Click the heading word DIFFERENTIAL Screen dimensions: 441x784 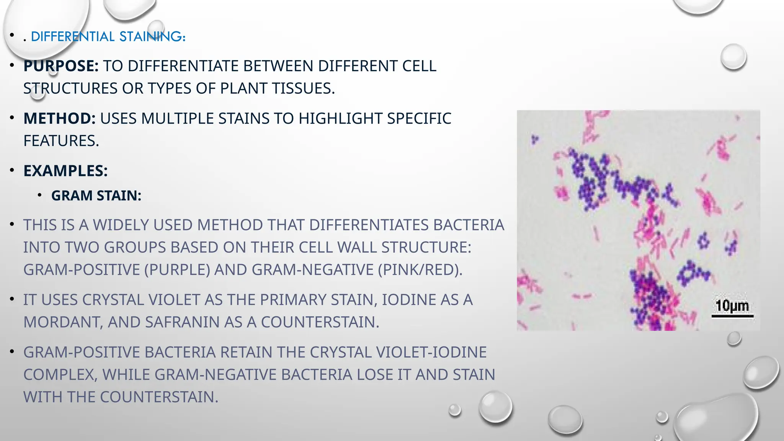pos(73,37)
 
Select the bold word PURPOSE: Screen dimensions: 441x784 pos(61,66)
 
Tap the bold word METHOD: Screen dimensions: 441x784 pos(59,119)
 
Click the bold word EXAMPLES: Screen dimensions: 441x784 pos(65,171)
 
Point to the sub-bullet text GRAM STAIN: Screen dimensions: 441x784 pos(96,196)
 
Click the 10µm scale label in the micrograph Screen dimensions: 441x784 pos(732,306)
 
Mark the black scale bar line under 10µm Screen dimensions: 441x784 pos(732,316)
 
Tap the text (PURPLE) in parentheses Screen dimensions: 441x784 pos(177,270)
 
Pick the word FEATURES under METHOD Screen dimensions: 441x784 pos(61,141)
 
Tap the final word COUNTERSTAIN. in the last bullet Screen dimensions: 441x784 pos(159,397)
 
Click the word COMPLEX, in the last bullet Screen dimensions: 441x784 pos(60,375)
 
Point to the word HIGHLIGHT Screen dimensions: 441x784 pos(340,119)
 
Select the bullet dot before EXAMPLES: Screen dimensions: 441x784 pos(12,170)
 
